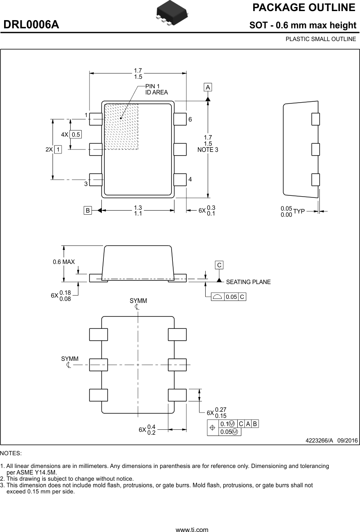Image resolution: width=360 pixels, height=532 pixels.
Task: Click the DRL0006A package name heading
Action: click(x=31, y=25)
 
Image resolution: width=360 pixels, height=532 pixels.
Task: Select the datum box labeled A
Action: click(x=208, y=87)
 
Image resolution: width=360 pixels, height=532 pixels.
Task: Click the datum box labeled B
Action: click(x=87, y=210)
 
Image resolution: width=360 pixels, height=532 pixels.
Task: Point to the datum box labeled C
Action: click(x=219, y=265)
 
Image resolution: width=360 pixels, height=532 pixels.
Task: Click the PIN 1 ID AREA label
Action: click(x=156, y=89)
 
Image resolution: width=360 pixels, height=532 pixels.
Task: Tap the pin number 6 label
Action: click(x=190, y=119)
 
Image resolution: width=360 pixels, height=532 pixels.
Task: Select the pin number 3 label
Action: click(x=86, y=184)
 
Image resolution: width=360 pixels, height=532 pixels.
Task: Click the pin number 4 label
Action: click(x=190, y=179)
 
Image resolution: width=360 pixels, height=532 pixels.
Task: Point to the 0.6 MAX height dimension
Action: click(x=64, y=262)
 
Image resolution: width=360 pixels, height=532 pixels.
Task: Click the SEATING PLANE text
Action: click(x=248, y=282)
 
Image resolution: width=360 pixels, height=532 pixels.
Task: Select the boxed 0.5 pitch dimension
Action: click(x=76, y=134)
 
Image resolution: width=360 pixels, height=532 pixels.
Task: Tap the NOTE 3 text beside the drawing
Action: click(x=208, y=150)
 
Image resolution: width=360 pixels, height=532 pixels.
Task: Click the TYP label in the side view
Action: click(x=299, y=211)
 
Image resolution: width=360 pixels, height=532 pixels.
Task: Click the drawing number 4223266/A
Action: click(x=319, y=440)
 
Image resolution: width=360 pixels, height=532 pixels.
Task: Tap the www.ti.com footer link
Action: click(x=192, y=530)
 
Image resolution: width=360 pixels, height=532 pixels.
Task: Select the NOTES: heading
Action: click(x=11, y=453)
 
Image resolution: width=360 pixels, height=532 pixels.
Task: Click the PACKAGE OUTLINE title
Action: click(x=304, y=8)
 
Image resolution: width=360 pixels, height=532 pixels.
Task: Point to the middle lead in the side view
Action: click(x=315, y=149)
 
